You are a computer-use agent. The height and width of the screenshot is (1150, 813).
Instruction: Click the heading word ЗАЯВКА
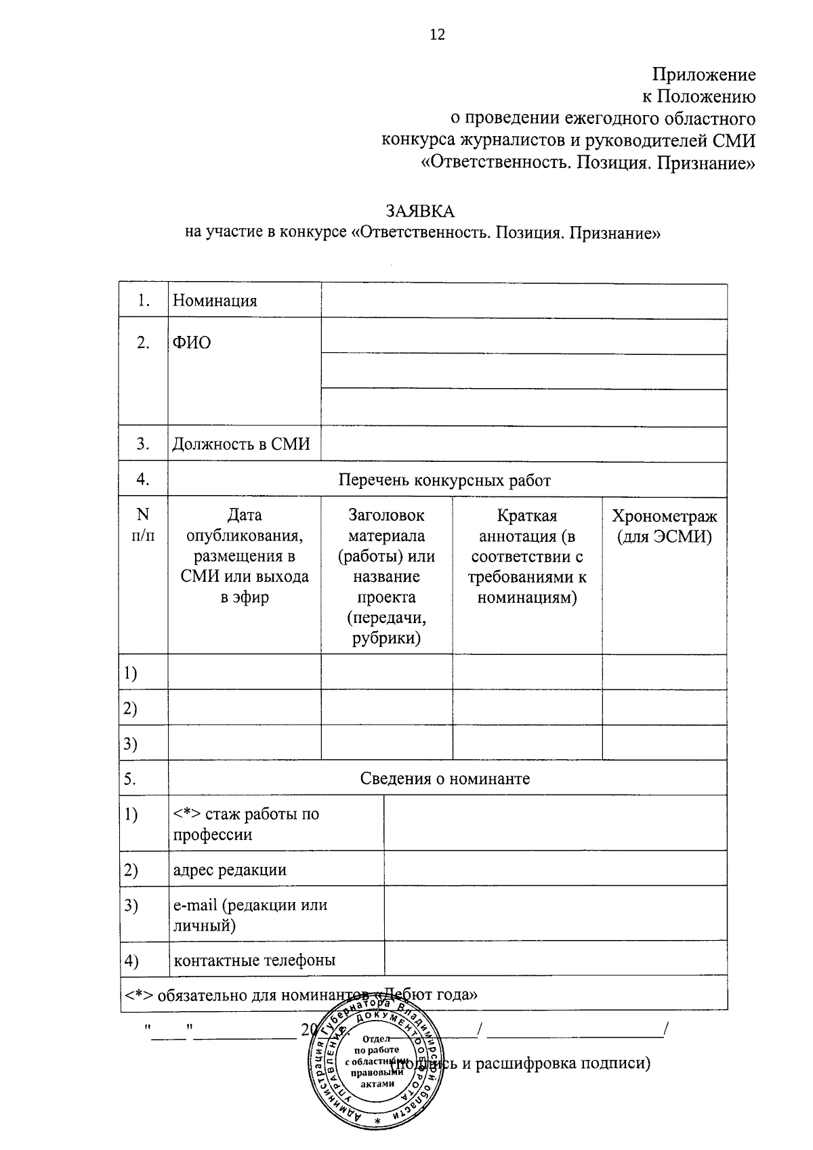pyautogui.click(x=420, y=211)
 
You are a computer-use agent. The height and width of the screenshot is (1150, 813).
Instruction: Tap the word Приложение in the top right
pyautogui.click(x=704, y=74)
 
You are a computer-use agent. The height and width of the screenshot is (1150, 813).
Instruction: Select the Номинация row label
pyautogui.click(x=215, y=301)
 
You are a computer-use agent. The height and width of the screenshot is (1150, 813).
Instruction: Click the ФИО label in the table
pyautogui.click(x=192, y=343)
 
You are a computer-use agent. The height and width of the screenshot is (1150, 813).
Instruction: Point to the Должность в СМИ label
pyautogui.click(x=241, y=444)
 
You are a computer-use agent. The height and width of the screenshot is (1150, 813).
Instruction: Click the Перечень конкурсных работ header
pyautogui.click(x=444, y=480)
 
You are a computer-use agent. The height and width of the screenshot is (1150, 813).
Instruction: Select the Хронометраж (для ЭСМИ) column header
pyautogui.click(x=664, y=526)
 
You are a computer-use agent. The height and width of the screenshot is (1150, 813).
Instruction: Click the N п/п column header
pyautogui.click(x=143, y=525)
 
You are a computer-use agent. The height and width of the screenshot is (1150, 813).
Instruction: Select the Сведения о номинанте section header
pyautogui.click(x=444, y=779)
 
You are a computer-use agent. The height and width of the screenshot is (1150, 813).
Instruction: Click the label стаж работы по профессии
pyautogui.click(x=245, y=824)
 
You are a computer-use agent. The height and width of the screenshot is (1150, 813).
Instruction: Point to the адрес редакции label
pyautogui.click(x=230, y=870)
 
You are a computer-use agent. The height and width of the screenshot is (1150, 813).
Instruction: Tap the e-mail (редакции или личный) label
pyautogui.click(x=250, y=914)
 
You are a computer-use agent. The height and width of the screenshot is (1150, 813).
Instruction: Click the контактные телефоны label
pyautogui.click(x=254, y=960)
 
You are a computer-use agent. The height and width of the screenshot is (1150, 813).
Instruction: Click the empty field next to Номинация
pyautogui.click(x=523, y=301)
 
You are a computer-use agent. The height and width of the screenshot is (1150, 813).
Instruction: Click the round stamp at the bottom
pyautogui.click(x=375, y=1071)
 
